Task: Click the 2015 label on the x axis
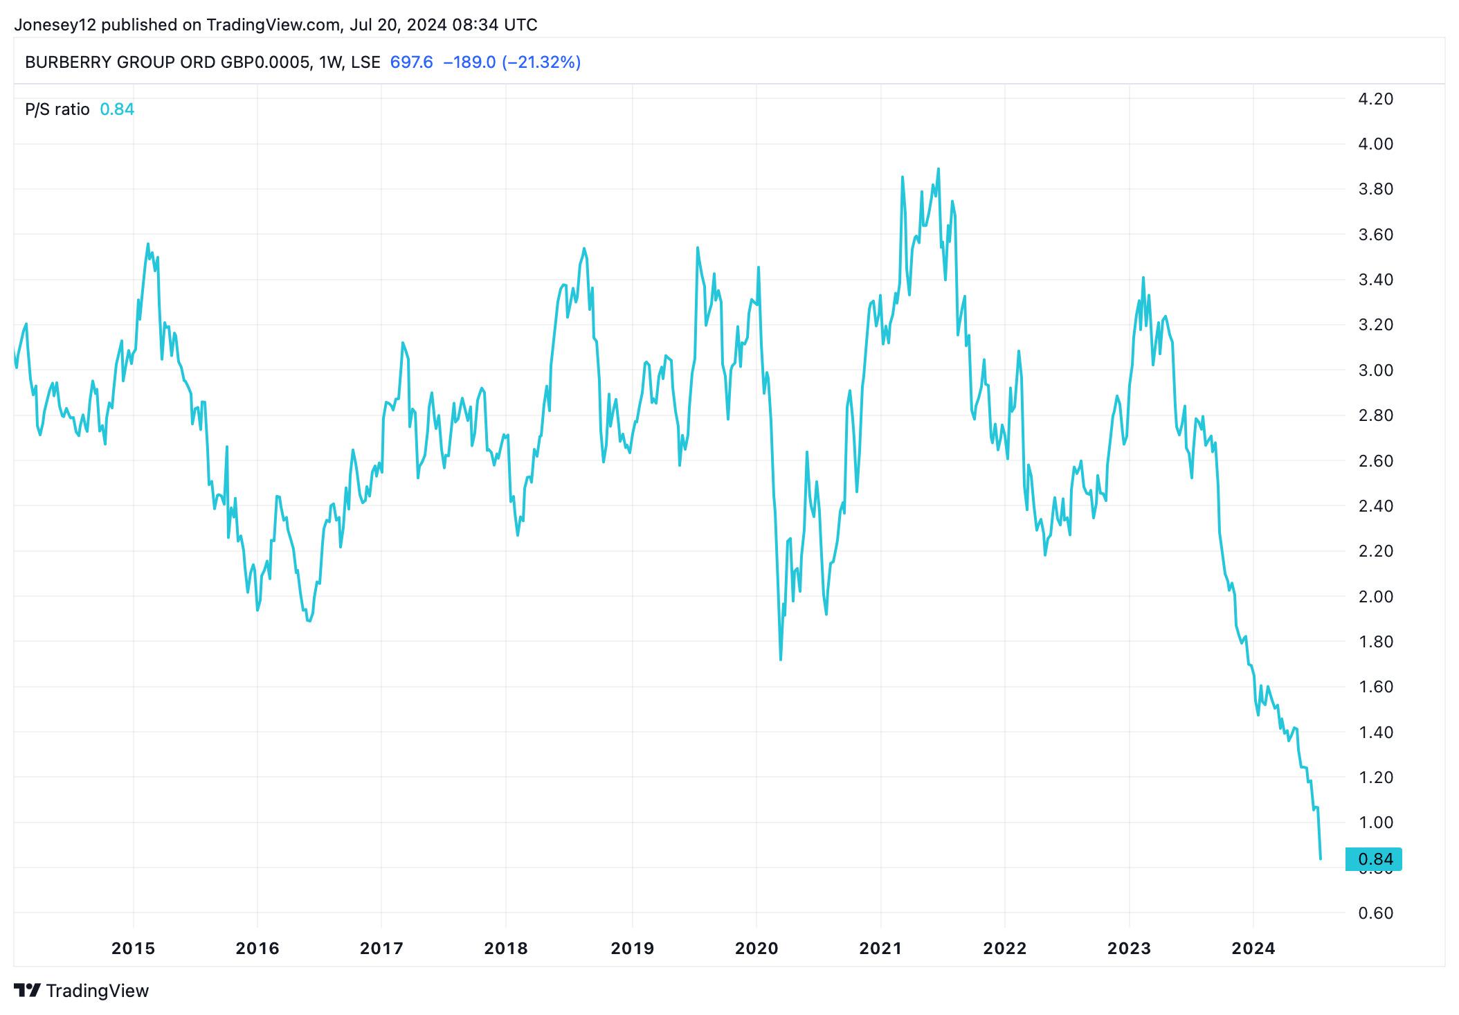pyautogui.click(x=133, y=948)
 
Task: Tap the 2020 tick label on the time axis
pyautogui.click(x=756, y=948)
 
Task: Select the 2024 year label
pyautogui.click(x=1253, y=948)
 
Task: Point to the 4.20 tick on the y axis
pyautogui.click(x=1375, y=99)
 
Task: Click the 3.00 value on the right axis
pyautogui.click(x=1375, y=370)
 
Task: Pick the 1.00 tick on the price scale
pyautogui.click(x=1375, y=823)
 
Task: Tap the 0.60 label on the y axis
pyautogui.click(x=1375, y=913)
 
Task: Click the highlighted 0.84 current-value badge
pyautogui.click(x=1374, y=859)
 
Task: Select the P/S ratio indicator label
pyautogui.click(x=57, y=109)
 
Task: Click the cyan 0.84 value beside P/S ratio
pyautogui.click(x=117, y=109)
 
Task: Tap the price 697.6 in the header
pyautogui.click(x=411, y=62)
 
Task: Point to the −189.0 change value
pyautogui.click(x=469, y=62)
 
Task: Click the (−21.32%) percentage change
pyautogui.click(x=541, y=62)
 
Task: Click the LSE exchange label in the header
pyautogui.click(x=365, y=62)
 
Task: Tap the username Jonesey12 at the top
pyautogui.click(x=55, y=25)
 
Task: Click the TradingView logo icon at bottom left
pyautogui.click(x=28, y=990)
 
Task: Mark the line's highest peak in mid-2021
pyautogui.click(x=938, y=169)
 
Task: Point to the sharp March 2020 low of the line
pyautogui.click(x=781, y=659)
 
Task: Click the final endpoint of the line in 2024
pyautogui.click(x=1321, y=859)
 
